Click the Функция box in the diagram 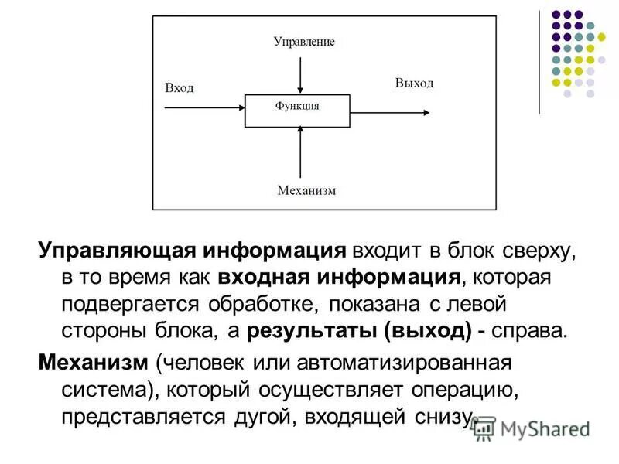[x=297, y=111]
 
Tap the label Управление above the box [x=304, y=41]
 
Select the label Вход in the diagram [x=179, y=88]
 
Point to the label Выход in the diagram [x=414, y=83]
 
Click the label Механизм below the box [x=306, y=190]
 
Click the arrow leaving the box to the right [x=390, y=111]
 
